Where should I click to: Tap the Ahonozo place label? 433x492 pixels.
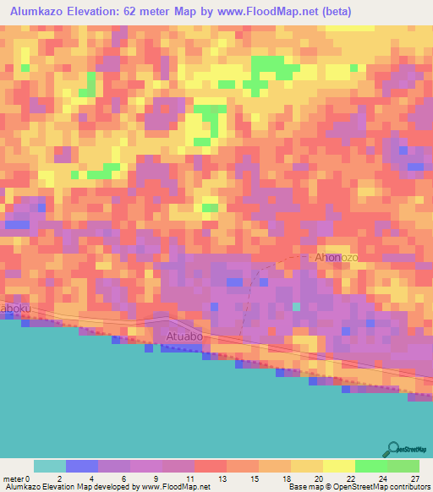pos(337,257)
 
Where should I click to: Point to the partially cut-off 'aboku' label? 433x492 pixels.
pos(14,309)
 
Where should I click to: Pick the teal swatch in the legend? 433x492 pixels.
pos(50,466)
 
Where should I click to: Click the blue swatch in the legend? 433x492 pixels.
pos(82,466)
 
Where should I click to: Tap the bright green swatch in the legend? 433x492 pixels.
pos(370,466)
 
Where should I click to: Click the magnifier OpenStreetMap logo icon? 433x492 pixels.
pos(391,448)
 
